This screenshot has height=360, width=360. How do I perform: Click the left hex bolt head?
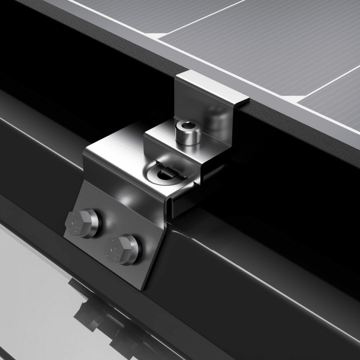click(x=86, y=223)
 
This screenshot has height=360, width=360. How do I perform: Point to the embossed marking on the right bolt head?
click(x=115, y=247)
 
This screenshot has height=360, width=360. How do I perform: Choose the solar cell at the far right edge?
click(x=339, y=96)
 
